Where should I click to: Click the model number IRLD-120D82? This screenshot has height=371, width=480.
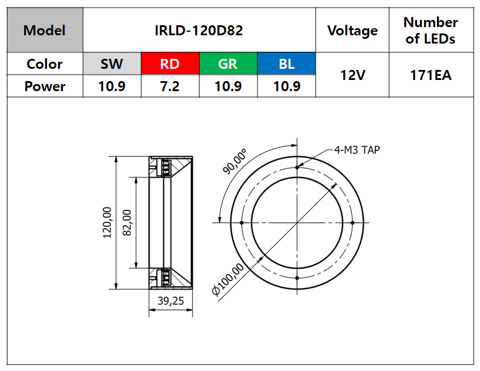coord(199,31)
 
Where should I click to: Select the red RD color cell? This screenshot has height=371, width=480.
coord(170,63)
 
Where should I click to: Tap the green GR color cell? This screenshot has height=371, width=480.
coord(229,63)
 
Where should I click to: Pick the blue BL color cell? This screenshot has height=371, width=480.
coord(287,63)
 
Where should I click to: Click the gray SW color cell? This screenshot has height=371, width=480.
coord(112,63)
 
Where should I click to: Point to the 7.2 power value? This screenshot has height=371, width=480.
coord(170,86)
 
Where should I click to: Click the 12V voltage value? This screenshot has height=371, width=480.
coord(353,75)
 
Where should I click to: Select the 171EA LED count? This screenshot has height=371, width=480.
coord(431,75)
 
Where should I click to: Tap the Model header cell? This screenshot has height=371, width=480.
coord(45,30)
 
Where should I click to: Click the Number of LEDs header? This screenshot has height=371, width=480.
coord(431,31)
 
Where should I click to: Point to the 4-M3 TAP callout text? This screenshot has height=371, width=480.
coord(357,150)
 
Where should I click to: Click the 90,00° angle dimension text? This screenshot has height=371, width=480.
coord(234,162)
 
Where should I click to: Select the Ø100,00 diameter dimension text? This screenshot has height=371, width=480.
coord(228,279)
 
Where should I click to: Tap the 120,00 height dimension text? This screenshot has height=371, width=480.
coord(107,223)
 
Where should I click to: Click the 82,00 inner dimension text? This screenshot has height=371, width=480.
coord(127,223)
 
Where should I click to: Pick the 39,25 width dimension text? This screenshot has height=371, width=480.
coord(171,301)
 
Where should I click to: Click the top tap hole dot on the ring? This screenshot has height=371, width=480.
coord(297,167)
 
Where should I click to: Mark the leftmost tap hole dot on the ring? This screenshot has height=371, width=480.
coord(241,223)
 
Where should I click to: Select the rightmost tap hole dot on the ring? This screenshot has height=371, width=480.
coord(353,223)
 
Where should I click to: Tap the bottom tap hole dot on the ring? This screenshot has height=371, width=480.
coord(297,278)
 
